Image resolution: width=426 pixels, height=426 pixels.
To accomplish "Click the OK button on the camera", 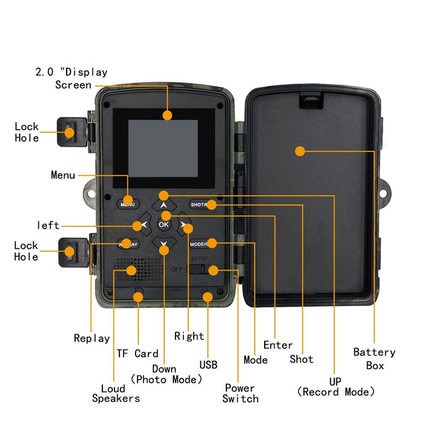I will pos(164,224).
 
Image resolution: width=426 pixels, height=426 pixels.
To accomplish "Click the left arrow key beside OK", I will pos(144,225).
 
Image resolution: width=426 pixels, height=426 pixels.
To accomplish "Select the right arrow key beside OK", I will pos(185,225).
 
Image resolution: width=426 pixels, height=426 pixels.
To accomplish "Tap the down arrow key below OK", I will pos(164,246).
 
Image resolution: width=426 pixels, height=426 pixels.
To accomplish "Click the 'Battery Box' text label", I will pos(374,359).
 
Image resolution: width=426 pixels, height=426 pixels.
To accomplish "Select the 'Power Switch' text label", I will pos(241,393).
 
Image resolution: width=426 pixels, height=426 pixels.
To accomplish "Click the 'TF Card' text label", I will pos(137,354).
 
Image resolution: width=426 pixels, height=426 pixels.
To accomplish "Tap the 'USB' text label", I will pos(209,365).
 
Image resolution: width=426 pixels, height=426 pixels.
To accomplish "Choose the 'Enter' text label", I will pos(278,345).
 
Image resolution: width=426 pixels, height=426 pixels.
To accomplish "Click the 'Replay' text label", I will pos(92,338).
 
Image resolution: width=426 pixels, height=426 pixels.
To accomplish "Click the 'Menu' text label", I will pos(63,175).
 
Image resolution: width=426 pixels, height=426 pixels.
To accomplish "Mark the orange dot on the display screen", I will pos(168,115).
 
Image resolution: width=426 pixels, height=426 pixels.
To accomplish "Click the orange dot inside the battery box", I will pos(300,151).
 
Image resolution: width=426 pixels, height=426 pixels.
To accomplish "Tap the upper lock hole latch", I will pos(72,131).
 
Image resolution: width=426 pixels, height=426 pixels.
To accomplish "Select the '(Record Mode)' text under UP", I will pos(335,392).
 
